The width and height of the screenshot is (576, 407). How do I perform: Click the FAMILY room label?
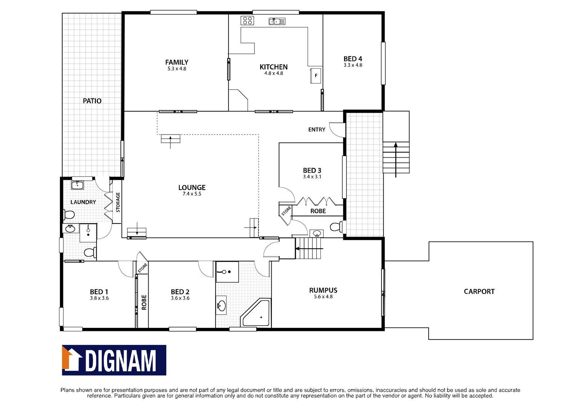pos(176,62)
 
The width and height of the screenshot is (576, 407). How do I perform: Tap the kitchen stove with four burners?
pos(247,20)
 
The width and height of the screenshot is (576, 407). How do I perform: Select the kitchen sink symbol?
pos(277,21)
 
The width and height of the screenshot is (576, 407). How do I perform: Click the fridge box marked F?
pos(316,75)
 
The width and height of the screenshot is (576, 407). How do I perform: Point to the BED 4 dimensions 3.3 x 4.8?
pos(352,65)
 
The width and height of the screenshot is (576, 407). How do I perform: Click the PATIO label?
pos(92,101)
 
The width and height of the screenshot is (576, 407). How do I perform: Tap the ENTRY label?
pos(316,129)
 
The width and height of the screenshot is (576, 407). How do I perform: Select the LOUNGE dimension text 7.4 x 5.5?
pos(192,194)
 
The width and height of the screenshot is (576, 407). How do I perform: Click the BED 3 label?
pos(312,170)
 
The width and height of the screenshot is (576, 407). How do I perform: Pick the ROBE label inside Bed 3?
pos(318,211)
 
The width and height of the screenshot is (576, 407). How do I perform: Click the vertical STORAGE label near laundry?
pos(118,202)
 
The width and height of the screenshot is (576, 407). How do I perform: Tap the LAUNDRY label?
pos(83,202)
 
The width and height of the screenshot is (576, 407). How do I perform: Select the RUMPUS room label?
pos(323,290)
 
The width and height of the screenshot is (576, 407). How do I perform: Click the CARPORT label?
pos(479,291)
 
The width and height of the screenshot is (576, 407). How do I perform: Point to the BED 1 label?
pos(99,292)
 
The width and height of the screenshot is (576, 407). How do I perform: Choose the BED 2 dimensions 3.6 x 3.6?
pos(180,298)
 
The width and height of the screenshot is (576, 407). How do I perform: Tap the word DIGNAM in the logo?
pos(121,361)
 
